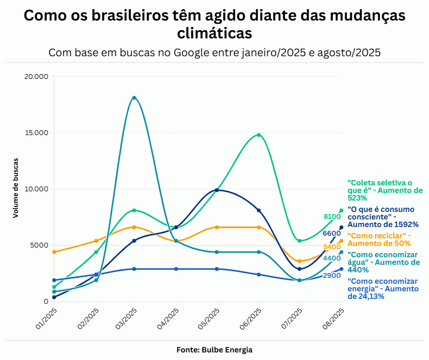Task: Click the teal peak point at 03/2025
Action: click(134, 98)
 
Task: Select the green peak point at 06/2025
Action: click(259, 135)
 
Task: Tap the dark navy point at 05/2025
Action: click(217, 190)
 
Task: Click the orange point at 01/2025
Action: click(54, 252)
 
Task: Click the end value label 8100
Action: click(332, 217)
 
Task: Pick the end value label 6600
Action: click(332, 234)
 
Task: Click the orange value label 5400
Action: click(332, 247)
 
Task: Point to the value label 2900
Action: click(332, 276)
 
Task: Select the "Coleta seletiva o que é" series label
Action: click(385, 190)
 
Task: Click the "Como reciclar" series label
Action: click(379, 239)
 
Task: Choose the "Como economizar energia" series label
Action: click(383, 289)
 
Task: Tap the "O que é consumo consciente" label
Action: click(383, 216)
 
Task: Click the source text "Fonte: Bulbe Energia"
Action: click(215, 350)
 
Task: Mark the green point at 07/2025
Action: click(299, 241)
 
